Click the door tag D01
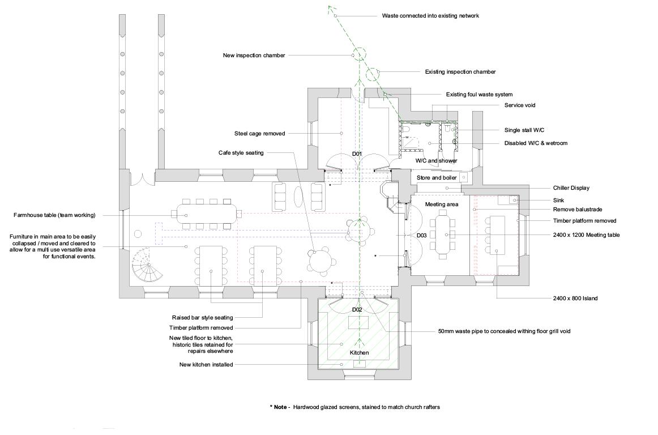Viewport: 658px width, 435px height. click(357, 154)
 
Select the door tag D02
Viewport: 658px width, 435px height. click(357, 310)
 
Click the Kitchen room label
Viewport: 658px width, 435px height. click(359, 353)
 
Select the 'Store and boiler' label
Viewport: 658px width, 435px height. click(437, 178)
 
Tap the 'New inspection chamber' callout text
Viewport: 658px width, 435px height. click(254, 56)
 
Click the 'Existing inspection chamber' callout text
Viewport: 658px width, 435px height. click(460, 72)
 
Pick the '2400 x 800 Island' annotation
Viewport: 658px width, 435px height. click(575, 298)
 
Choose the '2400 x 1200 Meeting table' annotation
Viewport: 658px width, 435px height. click(586, 234)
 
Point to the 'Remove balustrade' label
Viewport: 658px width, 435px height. click(577, 210)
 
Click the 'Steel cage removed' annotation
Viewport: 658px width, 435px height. click(259, 134)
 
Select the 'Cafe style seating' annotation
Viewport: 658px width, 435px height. click(241, 153)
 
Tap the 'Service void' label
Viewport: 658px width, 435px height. click(519, 105)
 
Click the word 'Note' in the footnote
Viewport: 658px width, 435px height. click(280, 407)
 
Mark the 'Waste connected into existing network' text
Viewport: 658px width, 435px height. click(430, 16)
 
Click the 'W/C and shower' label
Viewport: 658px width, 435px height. click(436, 161)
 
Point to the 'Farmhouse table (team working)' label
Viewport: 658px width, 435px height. click(54, 215)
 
